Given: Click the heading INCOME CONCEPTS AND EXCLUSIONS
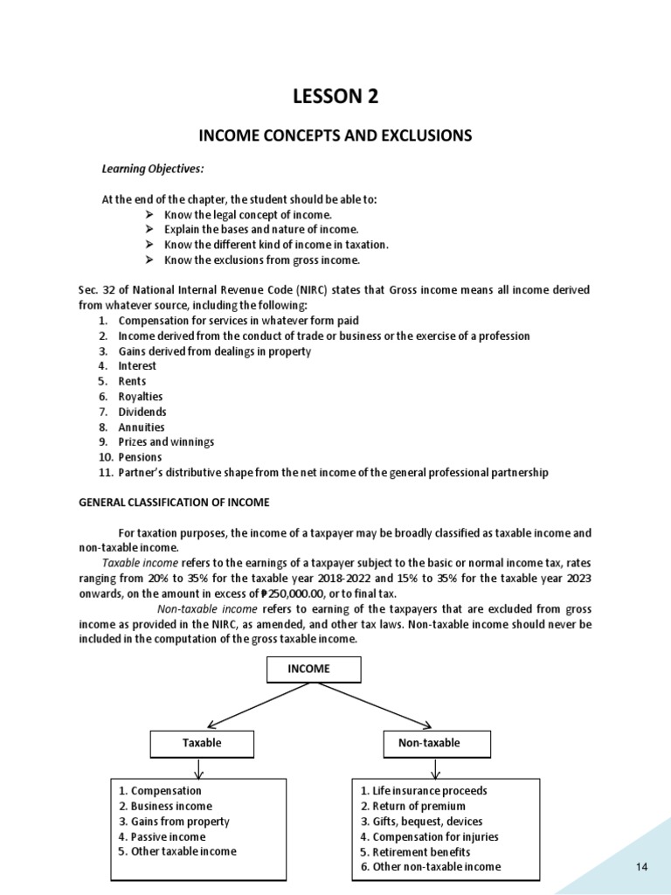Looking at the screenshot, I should point(335,135).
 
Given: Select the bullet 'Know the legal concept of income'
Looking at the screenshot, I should point(247,214).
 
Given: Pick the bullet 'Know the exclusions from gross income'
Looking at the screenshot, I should point(261,260).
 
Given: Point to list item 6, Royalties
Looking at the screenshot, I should point(141,397).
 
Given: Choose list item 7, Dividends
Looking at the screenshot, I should point(142,412).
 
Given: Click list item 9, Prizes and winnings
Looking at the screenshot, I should point(166,442).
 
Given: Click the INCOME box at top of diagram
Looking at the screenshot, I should point(309,669).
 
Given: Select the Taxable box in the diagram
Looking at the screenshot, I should point(202,743).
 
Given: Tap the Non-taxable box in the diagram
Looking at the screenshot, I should point(436,743).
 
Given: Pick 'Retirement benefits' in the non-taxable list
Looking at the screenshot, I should point(415,851).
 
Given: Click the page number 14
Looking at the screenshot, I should point(641,866).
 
